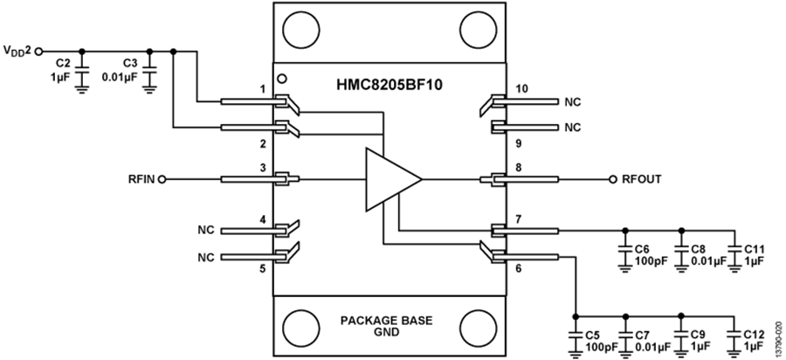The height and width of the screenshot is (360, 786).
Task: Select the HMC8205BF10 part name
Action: point(390,86)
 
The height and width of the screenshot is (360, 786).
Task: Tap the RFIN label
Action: point(141,180)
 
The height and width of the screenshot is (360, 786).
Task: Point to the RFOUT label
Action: point(642,180)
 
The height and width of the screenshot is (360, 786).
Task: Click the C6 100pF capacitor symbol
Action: point(625,248)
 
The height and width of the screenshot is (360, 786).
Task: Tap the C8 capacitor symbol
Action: point(680,248)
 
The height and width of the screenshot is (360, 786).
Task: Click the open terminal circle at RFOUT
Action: point(614,180)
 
